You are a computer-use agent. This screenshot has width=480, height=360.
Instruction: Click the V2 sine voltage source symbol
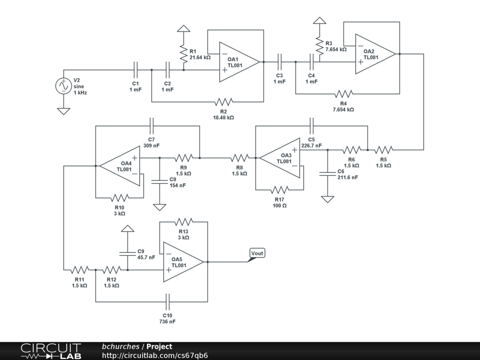click(64, 86)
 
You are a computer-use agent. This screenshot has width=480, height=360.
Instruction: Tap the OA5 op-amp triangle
click(183, 262)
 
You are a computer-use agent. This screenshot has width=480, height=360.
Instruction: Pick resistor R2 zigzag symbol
click(224, 102)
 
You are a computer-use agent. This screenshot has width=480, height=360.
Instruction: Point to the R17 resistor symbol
click(279, 190)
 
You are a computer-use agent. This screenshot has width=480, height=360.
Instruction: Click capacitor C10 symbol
click(167, 302)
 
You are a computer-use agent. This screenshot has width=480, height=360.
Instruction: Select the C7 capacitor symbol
click(151, 126)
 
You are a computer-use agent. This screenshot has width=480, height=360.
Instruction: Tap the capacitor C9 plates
click(127, 254)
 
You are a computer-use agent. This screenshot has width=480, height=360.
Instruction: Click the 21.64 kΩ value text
click(200, 58)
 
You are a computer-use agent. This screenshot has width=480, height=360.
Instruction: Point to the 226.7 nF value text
click(311, 146)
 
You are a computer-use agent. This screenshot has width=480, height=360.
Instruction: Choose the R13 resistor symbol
click(183, 222)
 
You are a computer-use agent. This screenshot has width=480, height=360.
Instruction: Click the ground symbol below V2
click(64, 112)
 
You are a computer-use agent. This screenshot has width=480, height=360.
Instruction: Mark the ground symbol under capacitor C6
click(328, 200)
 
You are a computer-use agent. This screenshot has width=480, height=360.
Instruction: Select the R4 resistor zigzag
click(344, 94)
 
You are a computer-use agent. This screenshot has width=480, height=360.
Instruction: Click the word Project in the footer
click(159, 347)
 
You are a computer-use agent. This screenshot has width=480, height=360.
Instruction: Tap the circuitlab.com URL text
click(155, 355)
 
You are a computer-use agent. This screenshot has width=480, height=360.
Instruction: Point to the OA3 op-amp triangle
click(280, 158)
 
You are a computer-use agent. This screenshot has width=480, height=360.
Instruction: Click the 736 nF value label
click(167, 322)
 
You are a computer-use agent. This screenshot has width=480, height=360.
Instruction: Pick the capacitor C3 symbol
click(279, 62)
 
